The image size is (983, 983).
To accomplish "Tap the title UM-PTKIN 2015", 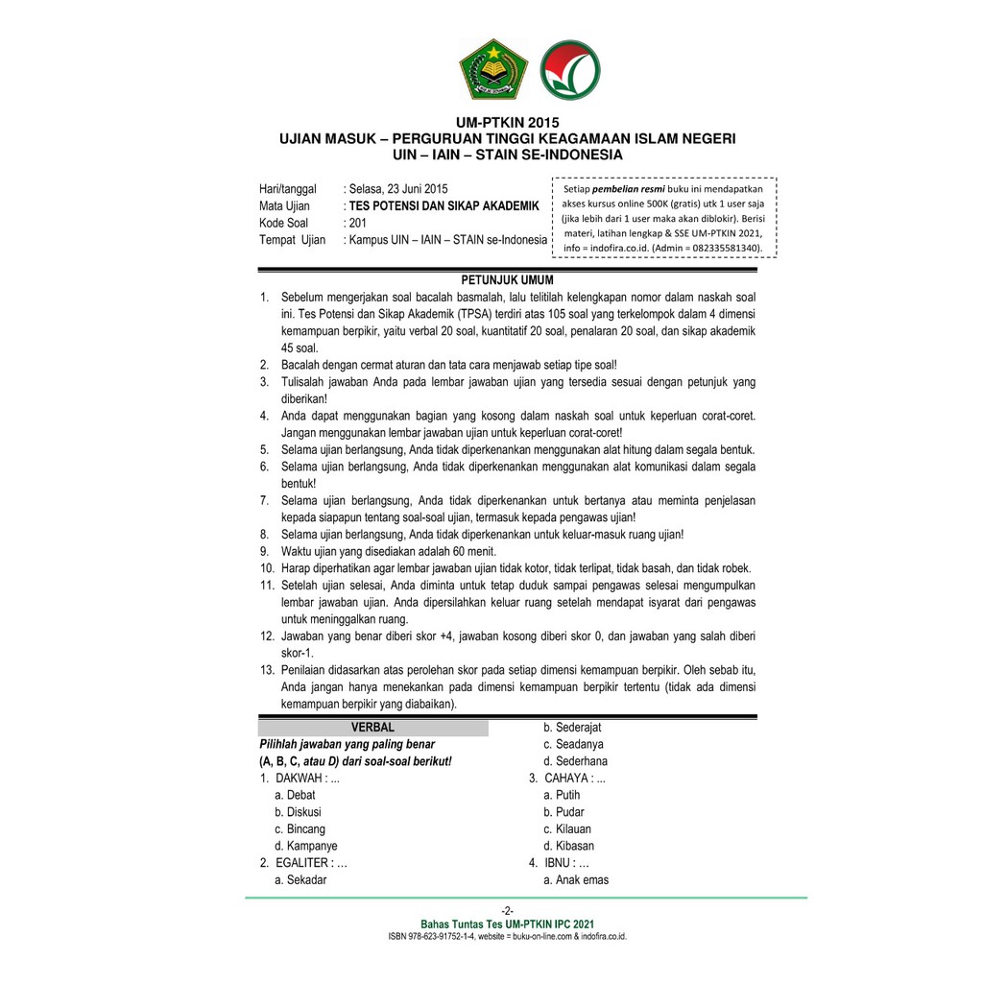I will pos(507,122).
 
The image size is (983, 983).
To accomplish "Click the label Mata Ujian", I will pos(284,206).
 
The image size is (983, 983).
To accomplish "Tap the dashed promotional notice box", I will pos(664,218).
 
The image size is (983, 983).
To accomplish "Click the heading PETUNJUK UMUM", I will pos(507,279).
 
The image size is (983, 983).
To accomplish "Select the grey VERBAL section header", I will pos(372,727).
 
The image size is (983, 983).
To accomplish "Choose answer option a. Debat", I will pos(295,795).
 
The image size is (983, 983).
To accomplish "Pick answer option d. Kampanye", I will pos(305,846).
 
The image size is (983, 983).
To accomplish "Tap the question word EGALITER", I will pos(309,862).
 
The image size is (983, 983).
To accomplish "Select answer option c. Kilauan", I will pos(567,828).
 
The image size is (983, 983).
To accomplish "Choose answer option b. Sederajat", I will pos(572,727).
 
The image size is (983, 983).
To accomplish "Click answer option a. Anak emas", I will pos(576,879).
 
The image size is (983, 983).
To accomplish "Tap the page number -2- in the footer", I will pos(507,910).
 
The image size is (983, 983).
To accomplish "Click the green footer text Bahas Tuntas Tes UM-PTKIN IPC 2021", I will pos(507,923).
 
